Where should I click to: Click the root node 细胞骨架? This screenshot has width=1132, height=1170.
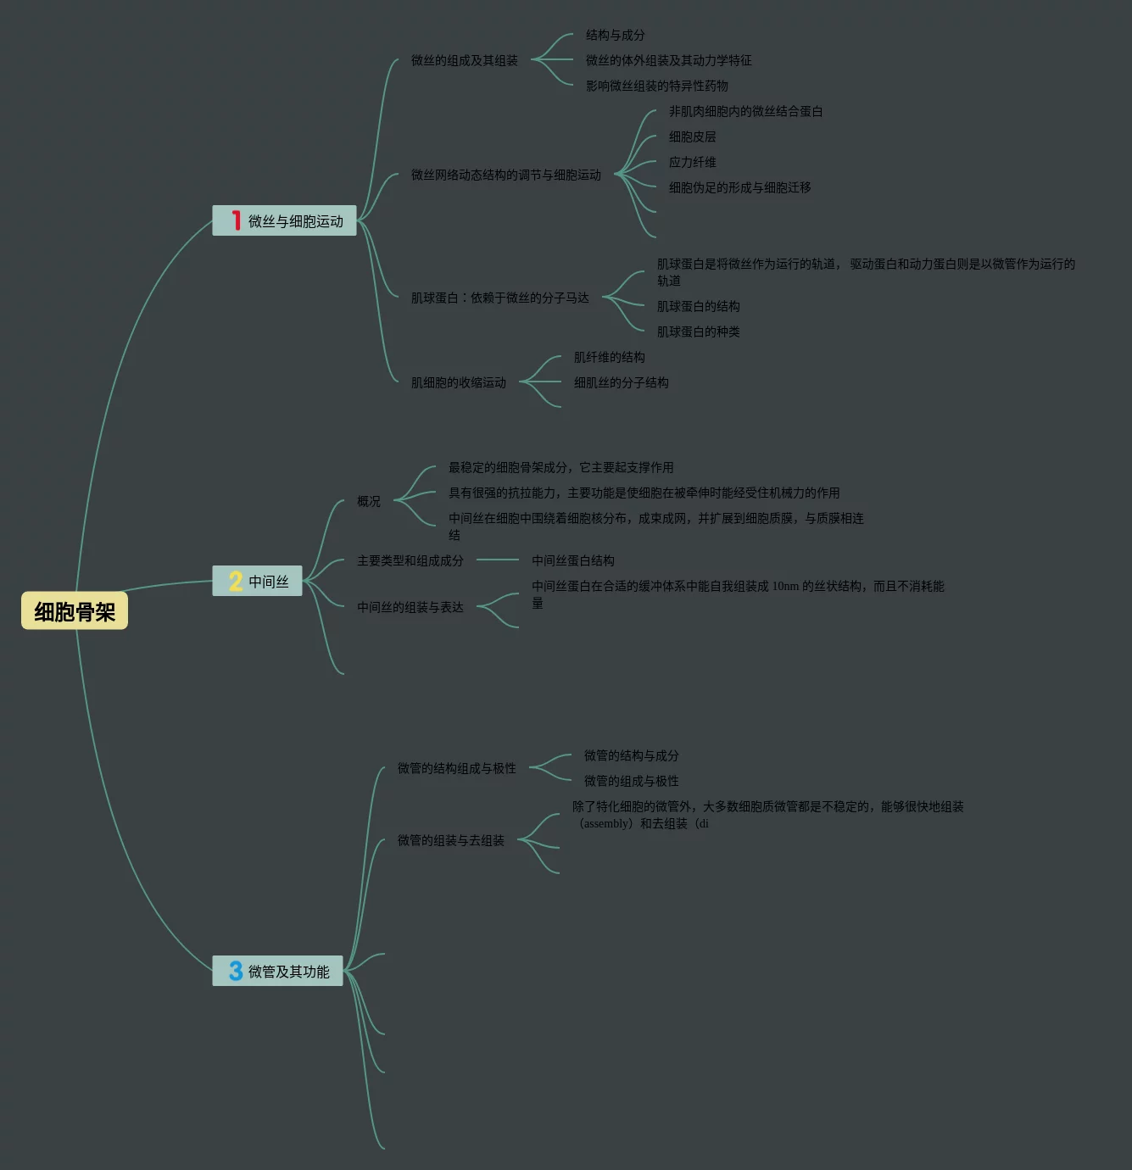pyautogui.click(x=75, y=611)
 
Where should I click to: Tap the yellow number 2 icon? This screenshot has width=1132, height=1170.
pyautogui.click(x=236, y=581)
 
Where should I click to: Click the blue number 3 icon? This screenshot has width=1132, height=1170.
pyautogui.click(x=236, y=971)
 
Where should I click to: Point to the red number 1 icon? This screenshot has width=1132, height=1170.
pyautogui.click(x=236, y=220)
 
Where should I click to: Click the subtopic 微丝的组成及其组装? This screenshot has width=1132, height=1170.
pyautogui.click(x=464, y=60)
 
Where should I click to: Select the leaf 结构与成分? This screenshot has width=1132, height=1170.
pyautogui.click(x=615, y=35)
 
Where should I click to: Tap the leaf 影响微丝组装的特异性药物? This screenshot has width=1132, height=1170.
pyautogui.click(x=656, y=86)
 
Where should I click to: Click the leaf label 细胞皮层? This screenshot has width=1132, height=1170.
pyautogui.click(x=692, y=136)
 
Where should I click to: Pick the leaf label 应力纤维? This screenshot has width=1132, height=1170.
pyautogui.click(x=692, y=162)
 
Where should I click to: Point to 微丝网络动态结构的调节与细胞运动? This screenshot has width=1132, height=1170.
pyautogui.click(x=505, y=175)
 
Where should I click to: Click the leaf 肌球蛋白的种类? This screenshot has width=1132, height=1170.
pyautogui.click(x=698, y=331)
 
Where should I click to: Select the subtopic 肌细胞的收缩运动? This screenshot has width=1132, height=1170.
pyautogui.click(x=458, y=382)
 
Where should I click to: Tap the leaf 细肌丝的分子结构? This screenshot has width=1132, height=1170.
pyautogui.click(x=621, y=382)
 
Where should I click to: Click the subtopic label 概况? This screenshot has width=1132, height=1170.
pyautogui.click(x=368, y=501)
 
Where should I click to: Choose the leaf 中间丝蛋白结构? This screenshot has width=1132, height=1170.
pyautogui.click(x=572, y=560)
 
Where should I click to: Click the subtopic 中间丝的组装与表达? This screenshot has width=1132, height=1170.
pyautogui.click(x=410, y=607)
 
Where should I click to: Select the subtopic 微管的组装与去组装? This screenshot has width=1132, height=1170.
pyautogui.click(x=450, y=840)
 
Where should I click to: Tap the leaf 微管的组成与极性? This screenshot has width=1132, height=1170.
pyautogui.click(x=631, y=781)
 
